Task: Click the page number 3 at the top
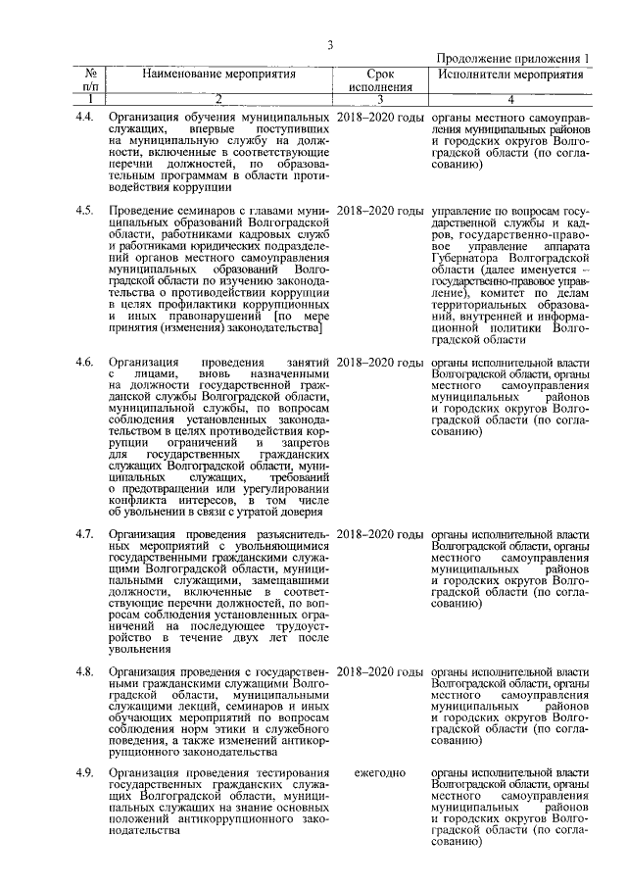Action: [331, 44]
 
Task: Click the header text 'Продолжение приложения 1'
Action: [512, 59]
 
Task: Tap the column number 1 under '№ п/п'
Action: [89, 99]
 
